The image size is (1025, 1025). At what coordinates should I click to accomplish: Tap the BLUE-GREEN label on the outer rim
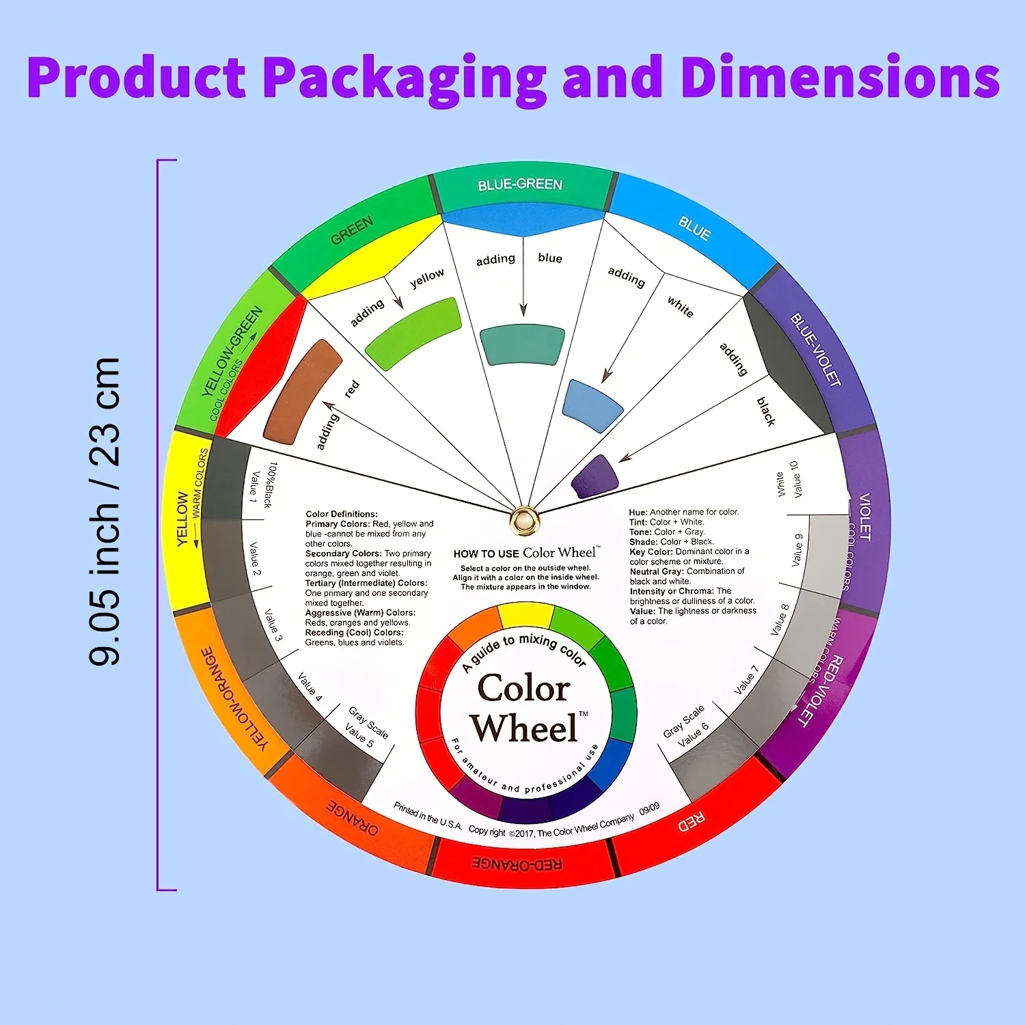click(520, 184)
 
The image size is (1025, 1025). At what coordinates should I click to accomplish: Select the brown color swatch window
click(301, 392)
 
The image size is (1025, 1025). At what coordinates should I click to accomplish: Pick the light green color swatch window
click(413, 333)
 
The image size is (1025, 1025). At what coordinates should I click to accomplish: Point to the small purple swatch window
click(594, 476)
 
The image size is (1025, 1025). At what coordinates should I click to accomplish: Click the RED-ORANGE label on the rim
click(517, 864)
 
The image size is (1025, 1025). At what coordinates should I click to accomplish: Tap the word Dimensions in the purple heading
click(840, 77)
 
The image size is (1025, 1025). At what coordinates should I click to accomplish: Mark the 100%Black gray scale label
click(270, 485)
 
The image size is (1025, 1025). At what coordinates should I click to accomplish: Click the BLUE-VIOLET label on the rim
click(815, 349)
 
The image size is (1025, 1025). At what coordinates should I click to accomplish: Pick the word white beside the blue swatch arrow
click(680, 306)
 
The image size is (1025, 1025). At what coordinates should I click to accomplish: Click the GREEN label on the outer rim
click(352, 230)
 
